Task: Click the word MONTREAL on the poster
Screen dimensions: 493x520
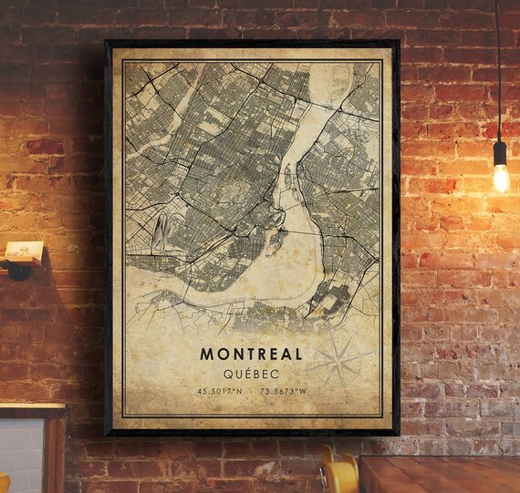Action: [252, 352]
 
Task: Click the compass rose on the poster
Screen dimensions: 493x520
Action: [338, 359]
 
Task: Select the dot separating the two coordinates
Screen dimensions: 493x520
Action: [251, 391]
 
